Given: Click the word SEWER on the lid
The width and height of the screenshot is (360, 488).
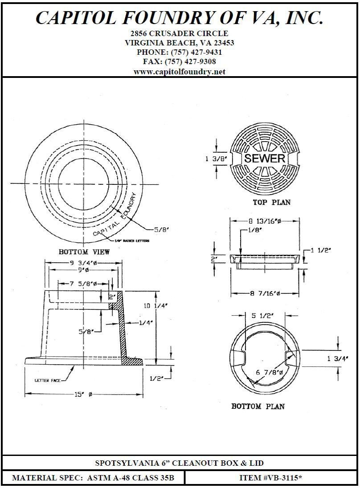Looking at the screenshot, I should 265,159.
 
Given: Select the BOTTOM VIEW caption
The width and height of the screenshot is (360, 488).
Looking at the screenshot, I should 84,252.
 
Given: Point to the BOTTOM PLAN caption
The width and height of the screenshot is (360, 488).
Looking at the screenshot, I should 258,406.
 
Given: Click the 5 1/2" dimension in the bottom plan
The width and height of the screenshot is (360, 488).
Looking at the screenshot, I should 266,315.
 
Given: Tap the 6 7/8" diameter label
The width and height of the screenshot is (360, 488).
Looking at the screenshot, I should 268,372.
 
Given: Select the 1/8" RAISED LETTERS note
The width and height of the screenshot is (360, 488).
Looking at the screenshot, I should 132,241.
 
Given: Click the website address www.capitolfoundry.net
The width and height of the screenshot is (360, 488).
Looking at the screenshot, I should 180,71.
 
